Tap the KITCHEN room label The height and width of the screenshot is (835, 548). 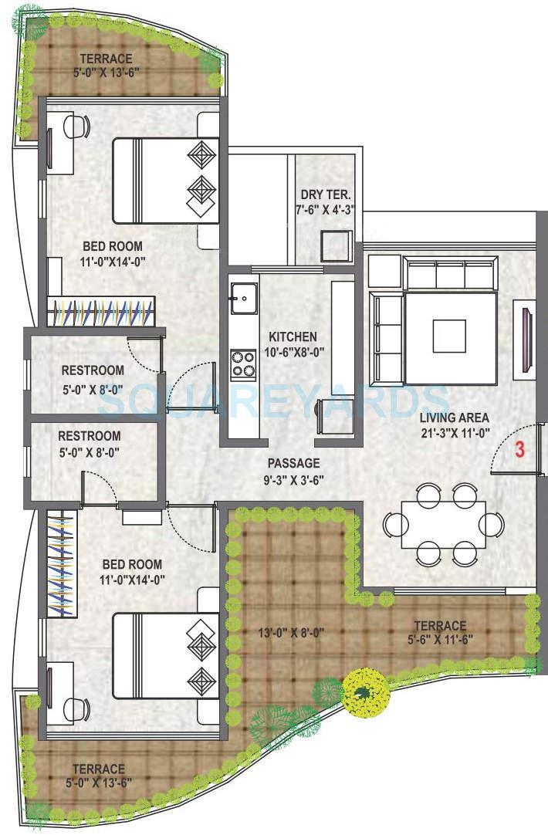tap(292, 336)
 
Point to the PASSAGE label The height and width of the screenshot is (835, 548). tap(293, 463)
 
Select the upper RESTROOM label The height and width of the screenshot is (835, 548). tap(93, 370)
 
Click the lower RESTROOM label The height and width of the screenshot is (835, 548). tap(90, 435)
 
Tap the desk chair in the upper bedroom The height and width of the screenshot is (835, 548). tap(77, 126)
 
